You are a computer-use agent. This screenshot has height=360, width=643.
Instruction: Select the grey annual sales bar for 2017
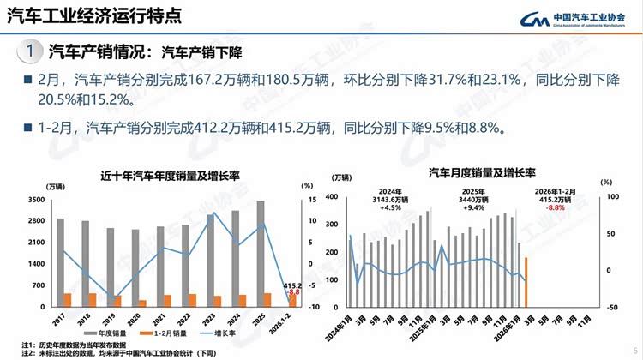pyautogui.click(x=60, y=261)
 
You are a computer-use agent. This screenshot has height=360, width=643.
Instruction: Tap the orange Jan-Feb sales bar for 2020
pyautogui.click(x=142, y=303)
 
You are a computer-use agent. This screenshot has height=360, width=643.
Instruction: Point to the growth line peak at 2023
pyautogui.click(x=213, y=213)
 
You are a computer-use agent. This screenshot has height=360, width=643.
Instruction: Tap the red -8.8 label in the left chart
pyautogui.click(x=294, y=292)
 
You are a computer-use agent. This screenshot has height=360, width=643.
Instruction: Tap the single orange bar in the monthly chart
pyautogui.click(x=526, y=282)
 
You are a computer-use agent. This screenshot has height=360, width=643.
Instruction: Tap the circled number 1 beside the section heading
pyautogui.click(x=31, y=52)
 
